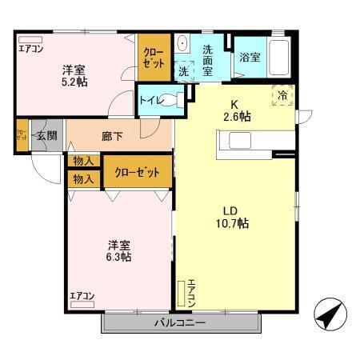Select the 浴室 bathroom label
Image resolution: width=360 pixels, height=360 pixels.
tap(249, 57)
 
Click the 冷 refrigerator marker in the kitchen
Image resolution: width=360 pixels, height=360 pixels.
tap(282, 94)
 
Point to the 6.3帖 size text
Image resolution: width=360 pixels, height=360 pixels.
tap(120, 257)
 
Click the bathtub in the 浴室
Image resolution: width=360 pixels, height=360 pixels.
tap(279, 58)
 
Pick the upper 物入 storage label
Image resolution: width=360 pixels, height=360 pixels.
tap(83, 162)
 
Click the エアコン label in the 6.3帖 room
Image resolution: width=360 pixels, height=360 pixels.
tap(82, 297)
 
